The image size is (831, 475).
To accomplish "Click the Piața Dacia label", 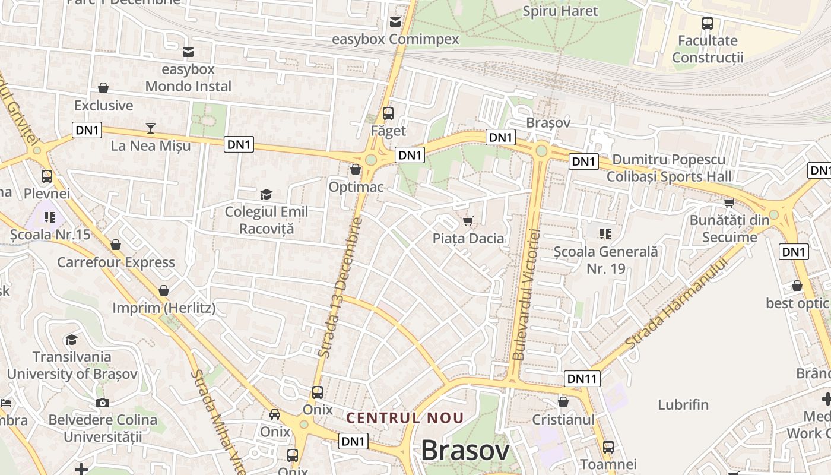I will [468, 239].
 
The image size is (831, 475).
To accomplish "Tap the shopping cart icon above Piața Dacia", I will [468, 221].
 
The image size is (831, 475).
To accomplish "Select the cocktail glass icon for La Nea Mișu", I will [150, 128].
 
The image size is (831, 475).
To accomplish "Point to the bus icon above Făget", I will [388, 113].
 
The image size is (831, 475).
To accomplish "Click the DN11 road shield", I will [582, 378].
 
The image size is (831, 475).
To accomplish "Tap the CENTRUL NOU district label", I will [405, 418].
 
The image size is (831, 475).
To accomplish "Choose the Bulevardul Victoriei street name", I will [526, 294].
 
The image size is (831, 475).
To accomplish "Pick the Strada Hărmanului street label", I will [676, 303].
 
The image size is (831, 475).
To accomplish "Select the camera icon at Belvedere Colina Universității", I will [103, 403].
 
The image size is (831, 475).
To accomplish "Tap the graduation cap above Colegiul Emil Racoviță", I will [266, 194].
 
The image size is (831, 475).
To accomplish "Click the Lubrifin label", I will [683, 405].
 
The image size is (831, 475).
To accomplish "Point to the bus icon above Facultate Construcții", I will [708, 23].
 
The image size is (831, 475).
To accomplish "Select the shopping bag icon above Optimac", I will [356, 169].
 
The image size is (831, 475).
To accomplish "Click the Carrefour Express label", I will [116, 262].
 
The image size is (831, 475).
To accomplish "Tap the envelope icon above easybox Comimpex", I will [395, 22].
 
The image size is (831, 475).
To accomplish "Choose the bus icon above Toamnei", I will [608, 447].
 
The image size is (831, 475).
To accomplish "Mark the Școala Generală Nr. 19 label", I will [605, 260].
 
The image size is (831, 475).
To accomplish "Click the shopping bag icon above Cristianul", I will [563, 402].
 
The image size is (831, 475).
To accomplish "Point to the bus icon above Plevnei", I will [47, 176].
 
